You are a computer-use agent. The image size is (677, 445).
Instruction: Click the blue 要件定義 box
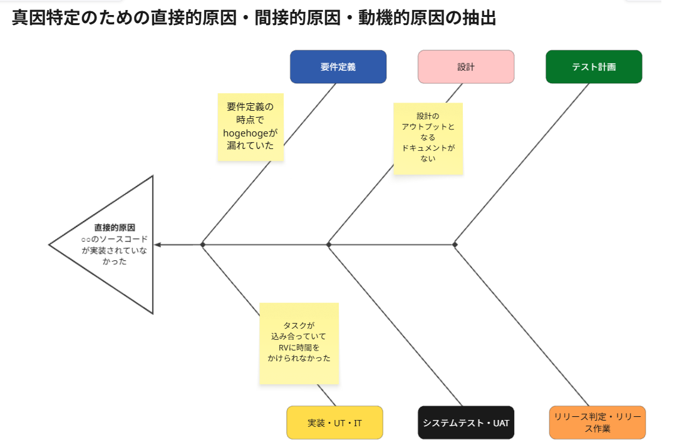click(x=338, y=67)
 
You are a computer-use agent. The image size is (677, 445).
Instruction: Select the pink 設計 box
click(x=466, y=67)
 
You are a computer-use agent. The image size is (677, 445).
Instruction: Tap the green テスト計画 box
click(x=594, y=67)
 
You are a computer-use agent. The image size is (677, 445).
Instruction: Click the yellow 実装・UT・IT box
click(x=334, y=422)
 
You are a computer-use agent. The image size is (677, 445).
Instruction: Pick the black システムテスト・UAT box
click(x=466, y=422)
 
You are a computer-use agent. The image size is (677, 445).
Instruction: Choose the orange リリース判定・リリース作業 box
click(x=597, y=422)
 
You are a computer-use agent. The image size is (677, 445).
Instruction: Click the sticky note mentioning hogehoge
click(x=251, y=127)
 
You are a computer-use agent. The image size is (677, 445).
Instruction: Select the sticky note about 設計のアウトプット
click(x=428, y=138)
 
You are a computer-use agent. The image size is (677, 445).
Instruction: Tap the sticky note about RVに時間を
click(x=299, y=344)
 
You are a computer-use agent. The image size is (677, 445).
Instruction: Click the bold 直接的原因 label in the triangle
click(x=115, y=227)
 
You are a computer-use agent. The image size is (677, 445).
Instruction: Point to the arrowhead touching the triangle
click(x=158, y=245)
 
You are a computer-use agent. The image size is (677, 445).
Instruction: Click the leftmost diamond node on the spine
click(x=202, y=245)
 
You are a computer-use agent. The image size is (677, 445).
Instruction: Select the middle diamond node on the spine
click(x=329, y=245)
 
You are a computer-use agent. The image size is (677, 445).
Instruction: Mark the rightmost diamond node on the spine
click(x=455, y=245)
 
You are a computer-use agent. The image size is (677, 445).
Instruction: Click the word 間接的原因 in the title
click(x=297, y=18)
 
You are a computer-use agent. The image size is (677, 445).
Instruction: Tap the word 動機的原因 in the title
click(x=401, y=18)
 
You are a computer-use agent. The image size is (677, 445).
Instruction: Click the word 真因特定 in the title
click(x=46, y=18)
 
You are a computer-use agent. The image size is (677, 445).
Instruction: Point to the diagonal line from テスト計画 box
click(x=522, y=164)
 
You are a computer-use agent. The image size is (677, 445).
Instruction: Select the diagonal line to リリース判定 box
click(x=522, y=325)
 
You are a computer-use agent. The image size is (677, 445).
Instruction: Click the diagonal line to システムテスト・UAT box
click(x=396, y=325)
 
